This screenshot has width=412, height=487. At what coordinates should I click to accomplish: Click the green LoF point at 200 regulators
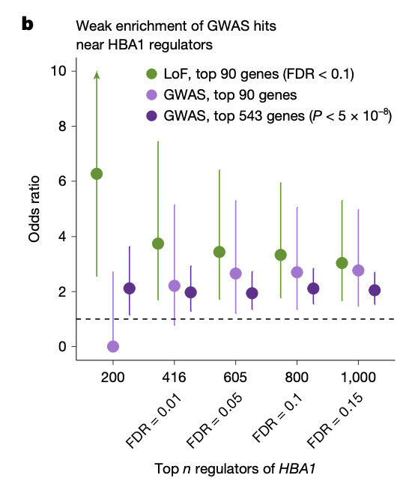97,174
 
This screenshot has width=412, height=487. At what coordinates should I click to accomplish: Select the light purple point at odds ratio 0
113,346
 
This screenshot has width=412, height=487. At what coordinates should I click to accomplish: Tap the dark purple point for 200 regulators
130,288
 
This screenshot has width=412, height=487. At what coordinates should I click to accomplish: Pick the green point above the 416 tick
158,243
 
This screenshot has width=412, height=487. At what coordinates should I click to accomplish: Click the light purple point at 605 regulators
236,273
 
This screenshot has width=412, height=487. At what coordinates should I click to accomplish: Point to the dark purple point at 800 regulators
313,288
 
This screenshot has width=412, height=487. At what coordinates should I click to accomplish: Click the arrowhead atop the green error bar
97,74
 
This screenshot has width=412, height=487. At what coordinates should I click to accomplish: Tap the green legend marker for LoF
151,74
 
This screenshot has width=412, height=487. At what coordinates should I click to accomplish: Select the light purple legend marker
151,94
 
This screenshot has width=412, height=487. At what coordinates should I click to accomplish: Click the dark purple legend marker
151,116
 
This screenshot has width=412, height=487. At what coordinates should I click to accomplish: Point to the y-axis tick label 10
58,71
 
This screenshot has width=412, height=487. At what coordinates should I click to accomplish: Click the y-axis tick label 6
62,181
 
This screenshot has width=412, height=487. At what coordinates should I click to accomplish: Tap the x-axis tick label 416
174,378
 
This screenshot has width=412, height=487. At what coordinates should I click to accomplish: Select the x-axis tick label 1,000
358,378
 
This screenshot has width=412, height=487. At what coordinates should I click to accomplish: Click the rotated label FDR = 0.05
214,420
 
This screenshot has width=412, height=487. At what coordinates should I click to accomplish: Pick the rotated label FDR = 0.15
335,420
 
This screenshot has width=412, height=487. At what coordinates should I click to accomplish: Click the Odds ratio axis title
34,209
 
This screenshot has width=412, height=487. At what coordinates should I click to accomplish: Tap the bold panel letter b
27,24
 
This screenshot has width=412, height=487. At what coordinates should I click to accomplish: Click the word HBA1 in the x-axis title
297,469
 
